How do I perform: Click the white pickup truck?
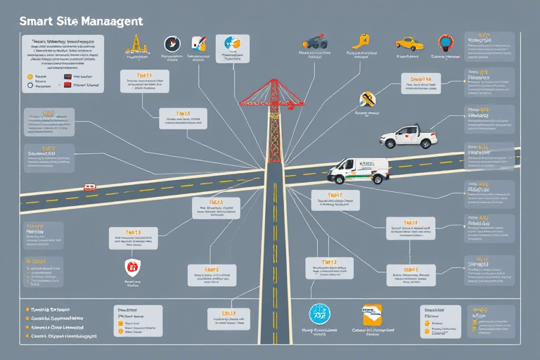(411, 136)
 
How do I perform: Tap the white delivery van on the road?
(359, 169)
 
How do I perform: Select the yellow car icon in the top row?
(409, 43)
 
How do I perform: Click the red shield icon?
(131, 266)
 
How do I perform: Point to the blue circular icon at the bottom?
(320, 314)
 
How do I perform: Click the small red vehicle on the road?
(90, 187)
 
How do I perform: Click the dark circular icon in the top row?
(172, 44)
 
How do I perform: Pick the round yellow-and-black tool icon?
(366, 99)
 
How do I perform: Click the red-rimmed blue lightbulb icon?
(444, 43)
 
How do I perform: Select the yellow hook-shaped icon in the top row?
(363, 41)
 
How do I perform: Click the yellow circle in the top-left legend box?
(30, 76)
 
